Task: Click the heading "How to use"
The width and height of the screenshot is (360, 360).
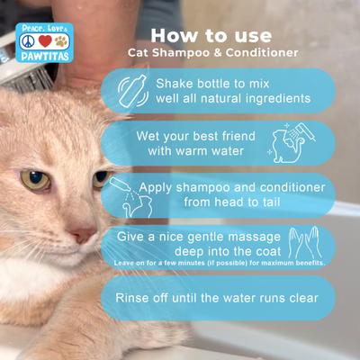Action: tap(211, 35)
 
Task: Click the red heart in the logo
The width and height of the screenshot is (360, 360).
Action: tap(44, 41)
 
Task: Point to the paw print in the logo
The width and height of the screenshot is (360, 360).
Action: tap(60, 41)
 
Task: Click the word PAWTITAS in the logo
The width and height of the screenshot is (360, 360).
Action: tap(43, 56)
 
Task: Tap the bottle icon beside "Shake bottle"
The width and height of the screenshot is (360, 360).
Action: tap(132, 90)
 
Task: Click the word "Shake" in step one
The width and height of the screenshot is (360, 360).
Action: tap(175, 82)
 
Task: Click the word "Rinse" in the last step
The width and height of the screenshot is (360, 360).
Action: tap(135, 297)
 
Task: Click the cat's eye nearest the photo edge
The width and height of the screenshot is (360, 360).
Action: tap(35, 179)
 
